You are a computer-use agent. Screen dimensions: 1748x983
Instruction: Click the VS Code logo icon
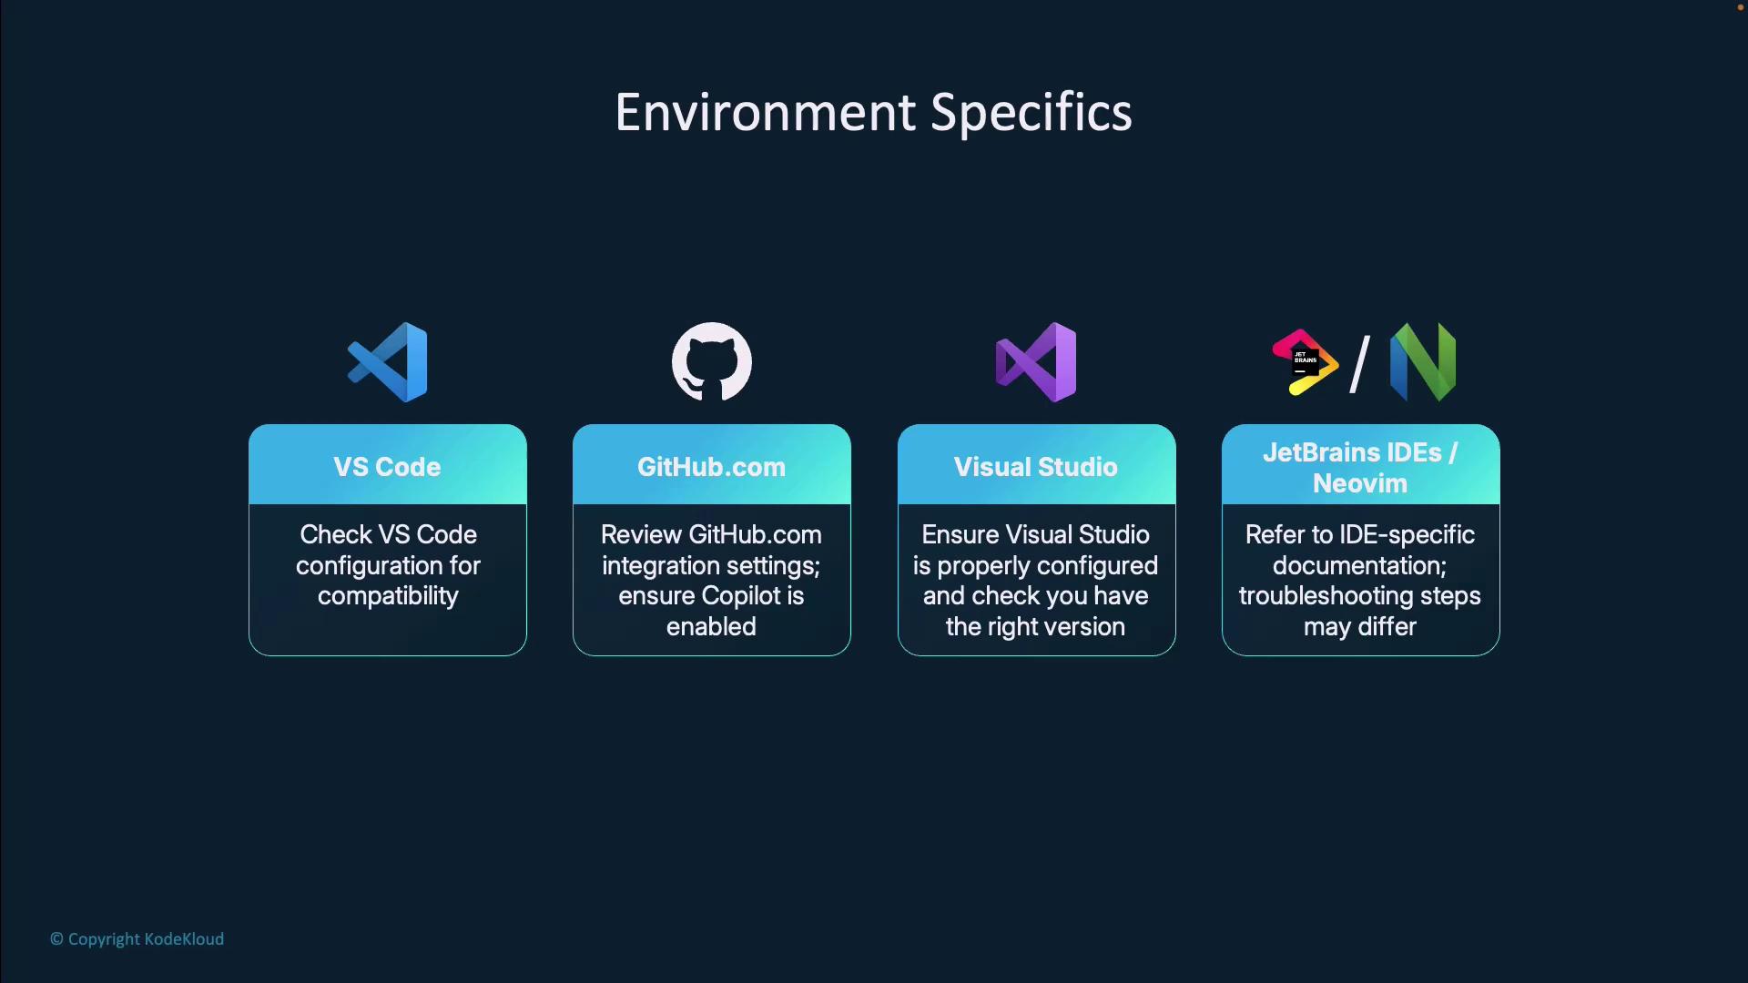387,362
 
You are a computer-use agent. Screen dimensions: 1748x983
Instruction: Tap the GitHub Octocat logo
711,361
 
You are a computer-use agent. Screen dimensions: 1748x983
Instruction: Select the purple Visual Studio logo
1036,362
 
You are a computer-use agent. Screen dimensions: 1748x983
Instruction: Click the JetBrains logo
1305,362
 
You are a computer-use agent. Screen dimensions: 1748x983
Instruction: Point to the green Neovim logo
1423,362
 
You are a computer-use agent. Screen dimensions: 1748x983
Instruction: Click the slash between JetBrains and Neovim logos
1359,364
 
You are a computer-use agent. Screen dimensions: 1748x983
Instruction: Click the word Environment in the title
765,113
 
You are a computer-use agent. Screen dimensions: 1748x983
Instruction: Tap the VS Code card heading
387,467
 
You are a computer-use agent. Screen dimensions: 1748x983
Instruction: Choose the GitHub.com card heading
711,467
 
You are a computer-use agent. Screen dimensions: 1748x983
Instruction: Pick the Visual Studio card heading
1035,467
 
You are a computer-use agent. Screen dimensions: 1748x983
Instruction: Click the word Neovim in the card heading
1360,483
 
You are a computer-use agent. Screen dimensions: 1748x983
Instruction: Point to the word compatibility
388,597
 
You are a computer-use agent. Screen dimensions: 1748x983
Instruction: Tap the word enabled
711,626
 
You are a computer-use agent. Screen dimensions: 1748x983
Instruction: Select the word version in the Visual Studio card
1083,627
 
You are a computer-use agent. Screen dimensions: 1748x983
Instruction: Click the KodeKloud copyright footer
137,939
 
